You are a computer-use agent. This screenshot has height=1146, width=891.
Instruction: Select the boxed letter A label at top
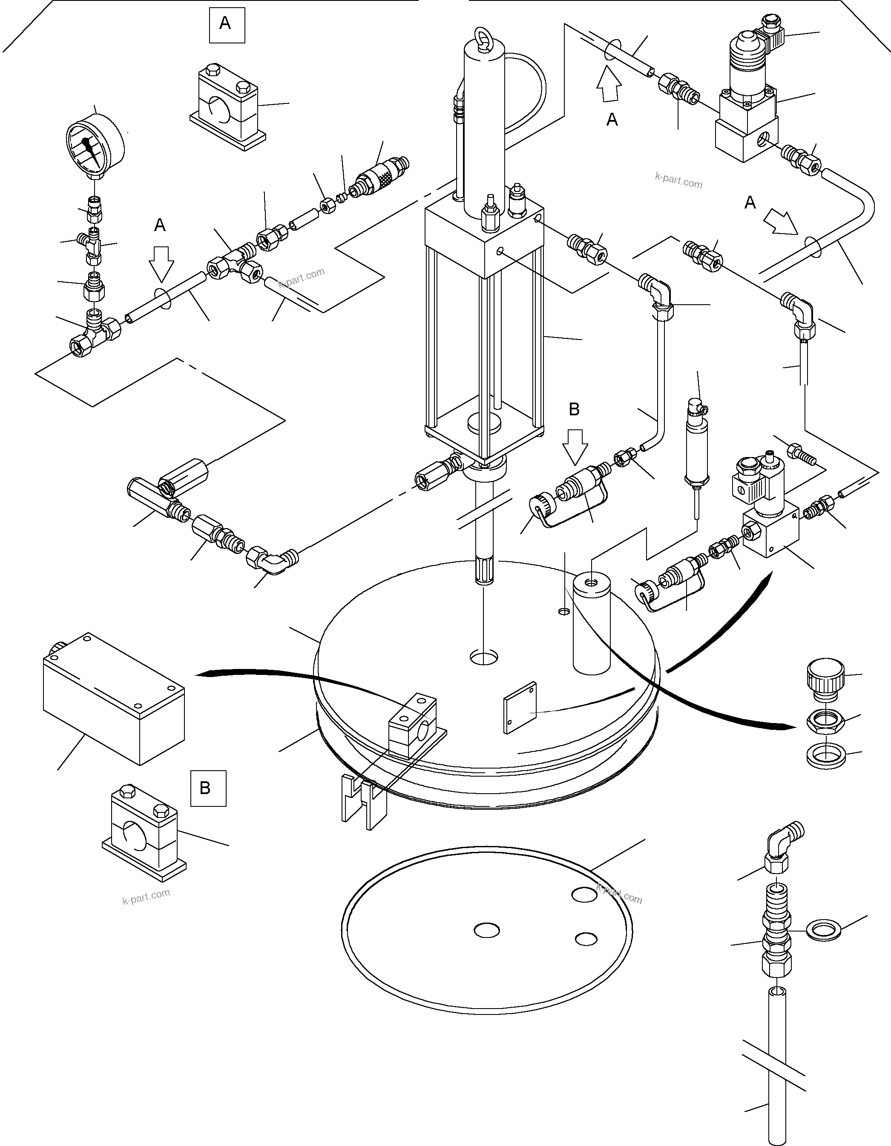pos(226,24)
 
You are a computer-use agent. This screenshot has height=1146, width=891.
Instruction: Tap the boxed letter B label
pos(208,788)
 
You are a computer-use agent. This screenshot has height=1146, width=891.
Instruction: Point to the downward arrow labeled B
pos(575,446)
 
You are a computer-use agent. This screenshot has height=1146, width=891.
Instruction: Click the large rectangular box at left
pos(112,698)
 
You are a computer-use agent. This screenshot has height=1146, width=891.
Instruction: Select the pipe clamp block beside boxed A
pos(227,108)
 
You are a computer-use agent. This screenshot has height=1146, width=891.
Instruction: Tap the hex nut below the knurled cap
pos(825,723)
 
